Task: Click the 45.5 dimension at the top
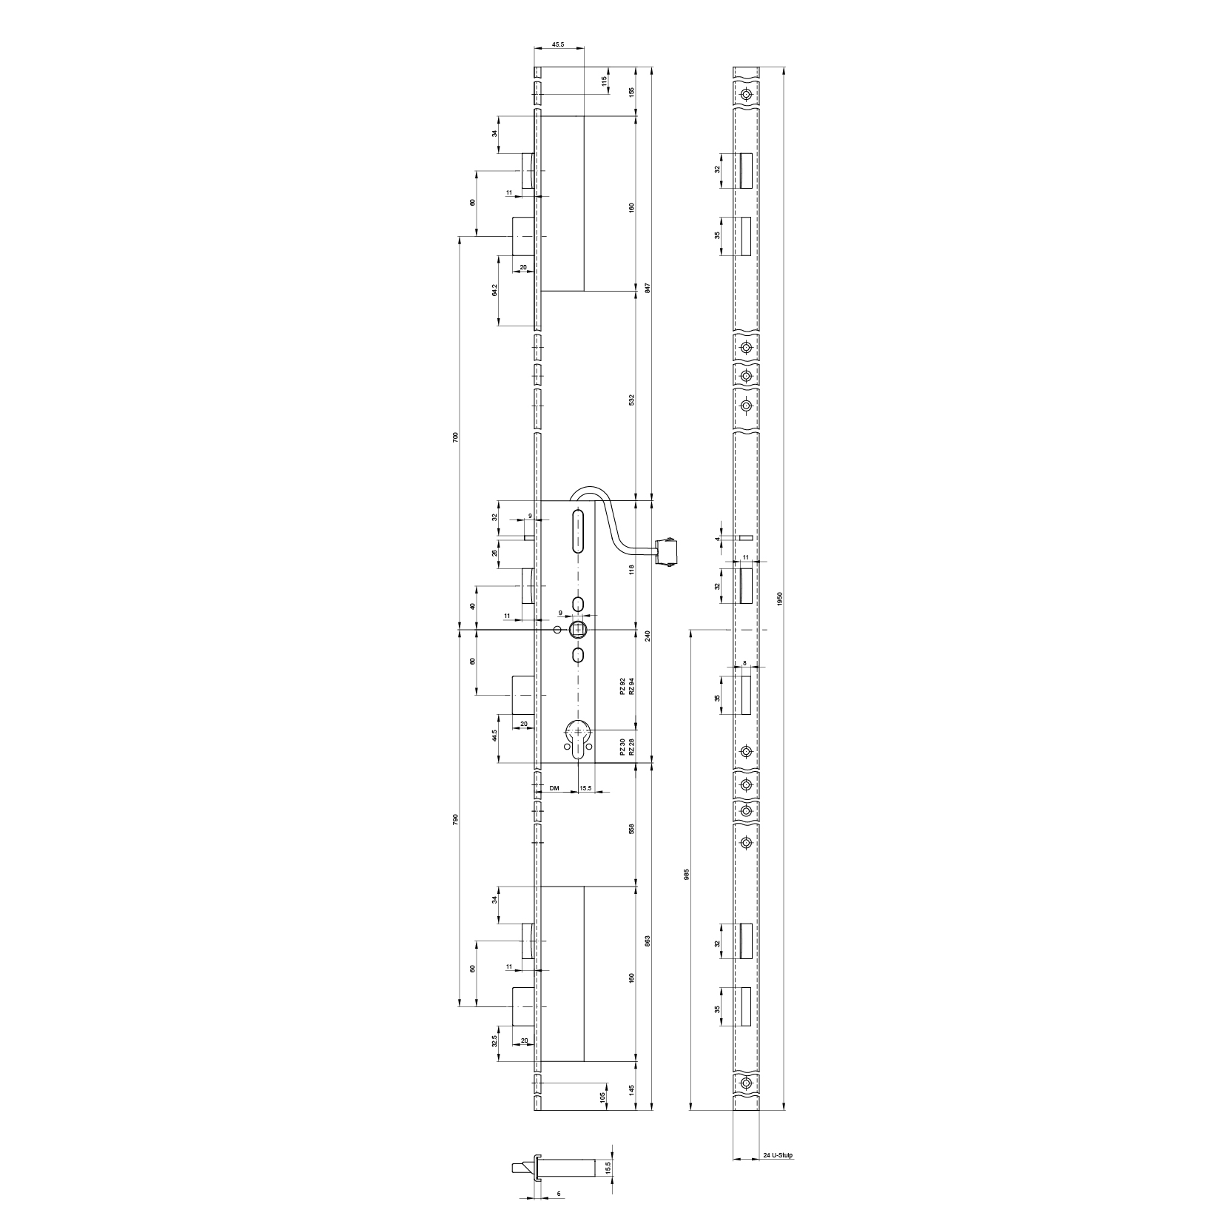[x=559, y=45]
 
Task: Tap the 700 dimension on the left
[x=456, y=436]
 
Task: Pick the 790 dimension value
[x=456, y=819]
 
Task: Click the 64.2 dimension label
[x=494, y=291]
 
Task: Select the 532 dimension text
[x=631, y=399]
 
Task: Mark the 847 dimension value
[x=648, y=288]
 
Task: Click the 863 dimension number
[x=648, y=941]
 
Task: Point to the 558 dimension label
[x=631, y=828]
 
